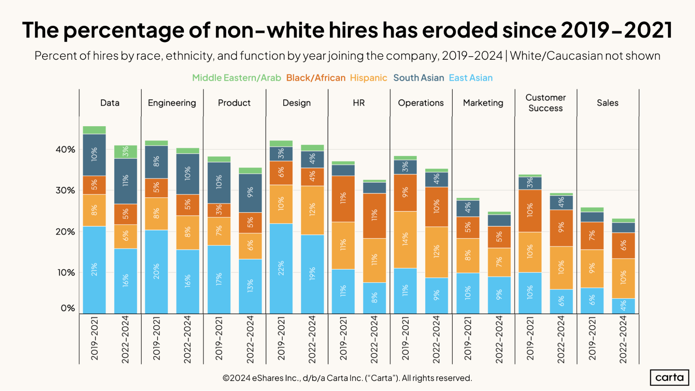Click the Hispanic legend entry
click(x=368, y=78)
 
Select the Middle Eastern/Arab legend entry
click(x=236, y=78)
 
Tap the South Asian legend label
click(x=418, y=78)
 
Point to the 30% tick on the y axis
click(x=65, y=190)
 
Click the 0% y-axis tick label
click(x=68, y=308)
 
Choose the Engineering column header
click(x=172, y=103)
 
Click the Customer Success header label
click(x=546, y=103)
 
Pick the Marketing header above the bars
click(x=483, y=103)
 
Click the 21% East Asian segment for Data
click(x=94, y=270)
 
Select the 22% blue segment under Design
click(x=281, y=268)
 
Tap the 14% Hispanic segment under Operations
click(x=405, y=239)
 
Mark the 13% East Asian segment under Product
click(x=250, y=286)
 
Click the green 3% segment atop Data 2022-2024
click(x=126, y=152)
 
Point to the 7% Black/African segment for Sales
click(x=592, y=236)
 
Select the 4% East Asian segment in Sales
click(x=623, y=306)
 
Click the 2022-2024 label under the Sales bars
click(x=623, y=340)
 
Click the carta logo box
click(x=669, y=377)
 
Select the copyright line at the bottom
click(x=347, y=378)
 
